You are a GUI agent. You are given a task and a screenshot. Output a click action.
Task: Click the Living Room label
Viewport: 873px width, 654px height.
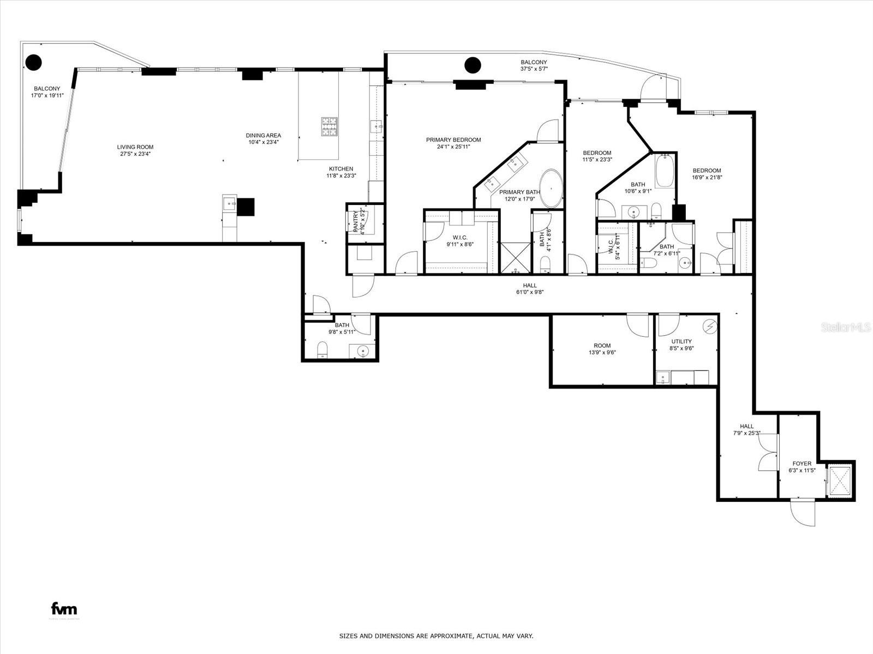135,147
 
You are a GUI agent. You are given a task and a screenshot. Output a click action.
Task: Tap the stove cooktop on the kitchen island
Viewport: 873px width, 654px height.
329,126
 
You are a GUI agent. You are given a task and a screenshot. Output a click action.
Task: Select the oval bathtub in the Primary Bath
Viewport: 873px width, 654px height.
551,189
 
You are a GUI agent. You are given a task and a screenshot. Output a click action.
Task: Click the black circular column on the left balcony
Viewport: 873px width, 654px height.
34,63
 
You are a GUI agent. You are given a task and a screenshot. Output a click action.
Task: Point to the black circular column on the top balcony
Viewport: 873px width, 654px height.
473,65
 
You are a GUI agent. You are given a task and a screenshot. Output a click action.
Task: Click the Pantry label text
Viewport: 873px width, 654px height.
356,221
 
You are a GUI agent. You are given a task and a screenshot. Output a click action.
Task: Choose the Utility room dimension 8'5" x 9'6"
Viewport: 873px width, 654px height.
681,348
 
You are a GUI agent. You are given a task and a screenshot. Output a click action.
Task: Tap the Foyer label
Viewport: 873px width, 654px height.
802,463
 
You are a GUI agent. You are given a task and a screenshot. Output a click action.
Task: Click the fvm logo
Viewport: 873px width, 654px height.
64,609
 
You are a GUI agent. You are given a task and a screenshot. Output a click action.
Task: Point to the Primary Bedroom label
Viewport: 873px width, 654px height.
453,140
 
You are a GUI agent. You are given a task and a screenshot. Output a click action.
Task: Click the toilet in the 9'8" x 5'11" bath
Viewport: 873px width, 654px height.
322,349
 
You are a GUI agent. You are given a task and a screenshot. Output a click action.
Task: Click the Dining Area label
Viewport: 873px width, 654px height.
263,136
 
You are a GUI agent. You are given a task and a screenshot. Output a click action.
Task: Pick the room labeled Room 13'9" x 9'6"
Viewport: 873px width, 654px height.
602,349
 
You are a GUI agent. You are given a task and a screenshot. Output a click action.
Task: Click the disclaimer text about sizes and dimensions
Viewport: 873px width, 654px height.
436,636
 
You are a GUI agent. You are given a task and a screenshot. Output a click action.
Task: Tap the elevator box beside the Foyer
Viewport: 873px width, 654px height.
839,481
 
